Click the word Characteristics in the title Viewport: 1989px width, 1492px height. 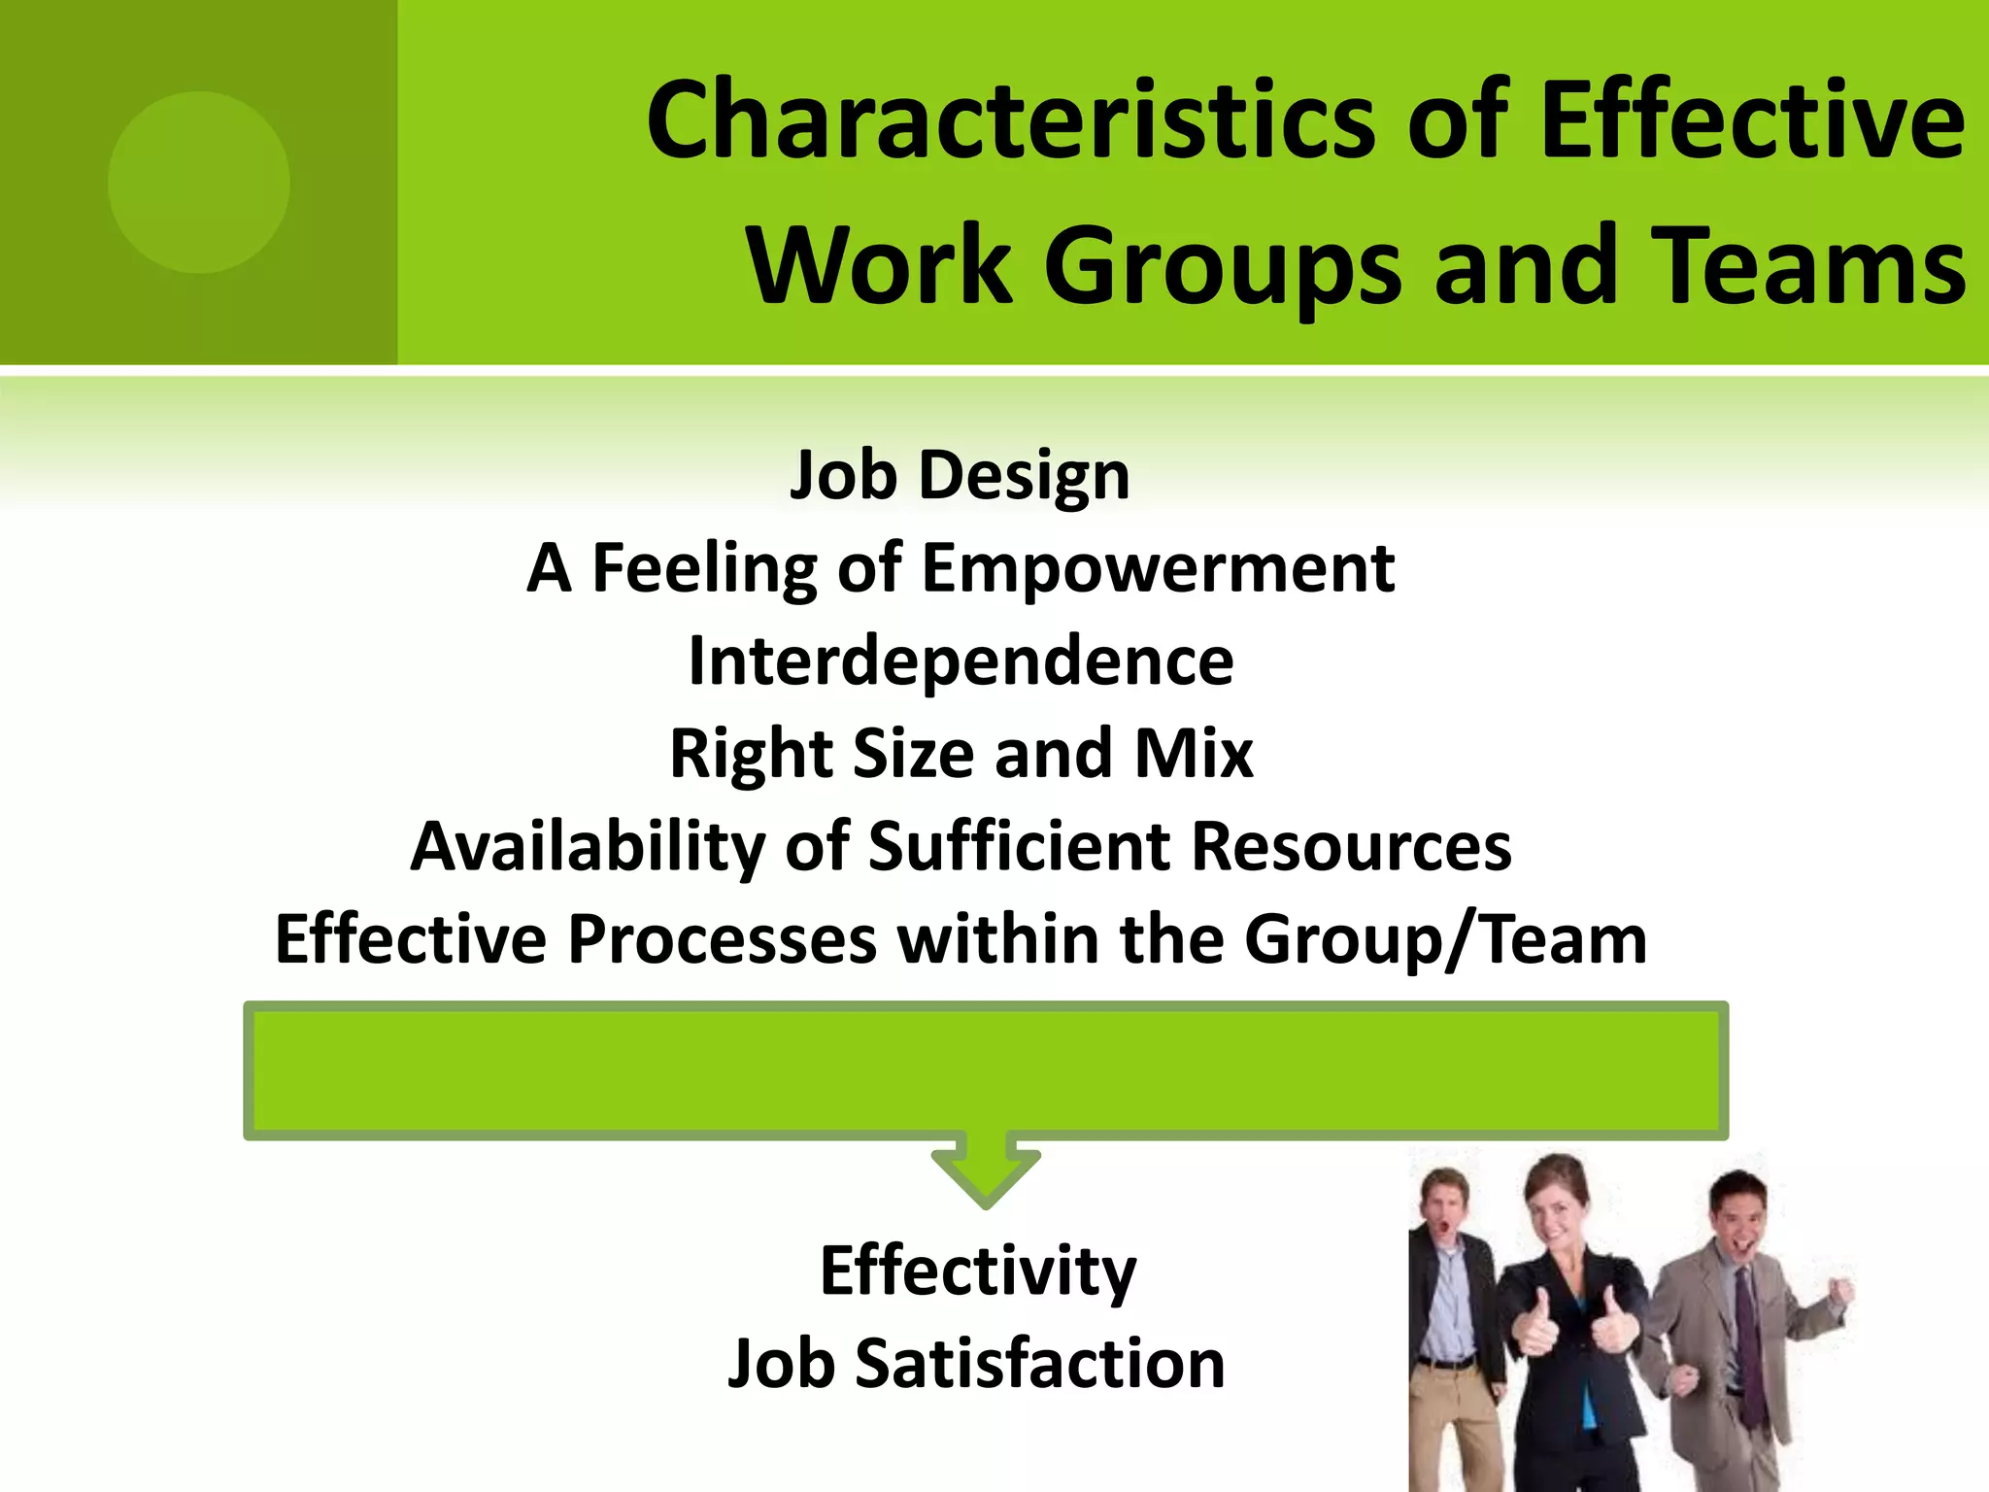(x=1011, y=121)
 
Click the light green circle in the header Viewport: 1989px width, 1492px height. (x=199, y=182)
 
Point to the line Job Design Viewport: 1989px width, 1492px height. (x=960, y=476)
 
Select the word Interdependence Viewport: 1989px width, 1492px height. (x=961, y=661)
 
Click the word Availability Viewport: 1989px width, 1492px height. (x=588, y=847)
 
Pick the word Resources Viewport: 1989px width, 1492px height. (x=1351, y=847)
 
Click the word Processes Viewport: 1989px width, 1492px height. (x=722, y=939)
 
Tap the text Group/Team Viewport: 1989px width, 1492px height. (x=1445, y=940)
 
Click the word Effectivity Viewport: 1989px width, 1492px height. (x=978, y=1272)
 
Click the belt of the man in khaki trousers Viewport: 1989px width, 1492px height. (x=1444, y=1363)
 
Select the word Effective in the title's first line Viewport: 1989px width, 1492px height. (x=1752, y=121)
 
